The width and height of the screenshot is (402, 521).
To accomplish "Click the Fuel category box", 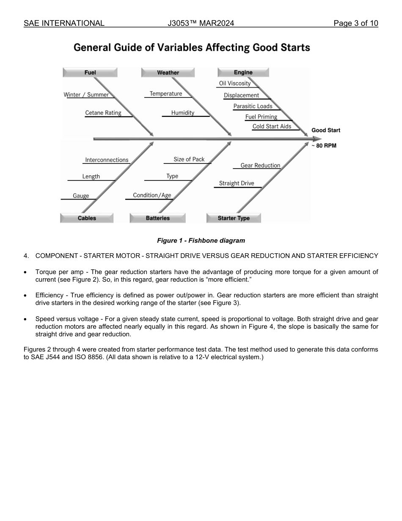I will click(x=90, y=72).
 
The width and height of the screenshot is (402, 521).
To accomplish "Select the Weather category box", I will click(x=168, y=73).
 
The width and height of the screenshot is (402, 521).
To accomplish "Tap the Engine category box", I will click(x=243, y=72).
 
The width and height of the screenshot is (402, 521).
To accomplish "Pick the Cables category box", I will click(x=87, y=218).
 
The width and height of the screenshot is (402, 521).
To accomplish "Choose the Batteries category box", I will click(x=157, y=218).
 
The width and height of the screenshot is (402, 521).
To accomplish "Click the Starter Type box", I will click(x=234, y=218).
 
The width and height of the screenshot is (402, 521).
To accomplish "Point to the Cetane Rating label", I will click(x=103, y=113).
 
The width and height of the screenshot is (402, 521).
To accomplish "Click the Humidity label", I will click(x=183, y=113).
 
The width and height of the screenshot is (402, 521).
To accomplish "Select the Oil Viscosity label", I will click(x=235, y=83).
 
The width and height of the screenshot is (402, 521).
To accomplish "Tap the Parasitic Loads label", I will click(x=253, y=106).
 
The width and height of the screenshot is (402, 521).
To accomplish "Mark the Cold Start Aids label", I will click(x=272, y=127).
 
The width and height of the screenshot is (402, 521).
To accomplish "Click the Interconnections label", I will click(x=107, y=160).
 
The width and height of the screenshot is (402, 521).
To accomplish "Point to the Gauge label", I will click(x=81, y=196).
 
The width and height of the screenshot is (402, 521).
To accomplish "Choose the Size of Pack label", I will click(x=189, y=159).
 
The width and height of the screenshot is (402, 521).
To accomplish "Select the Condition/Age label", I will click(x=152, y=195).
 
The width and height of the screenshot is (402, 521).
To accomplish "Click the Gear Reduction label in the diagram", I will click(x=260, y=165).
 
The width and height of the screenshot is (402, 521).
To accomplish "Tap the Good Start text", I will click(x=326, y=130).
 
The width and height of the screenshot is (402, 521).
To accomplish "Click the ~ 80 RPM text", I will click(x=324, y=146).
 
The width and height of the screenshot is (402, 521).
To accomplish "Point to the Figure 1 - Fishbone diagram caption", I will click(x=201, y=241).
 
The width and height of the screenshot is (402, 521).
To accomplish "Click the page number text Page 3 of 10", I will click(x=355, y=23).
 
